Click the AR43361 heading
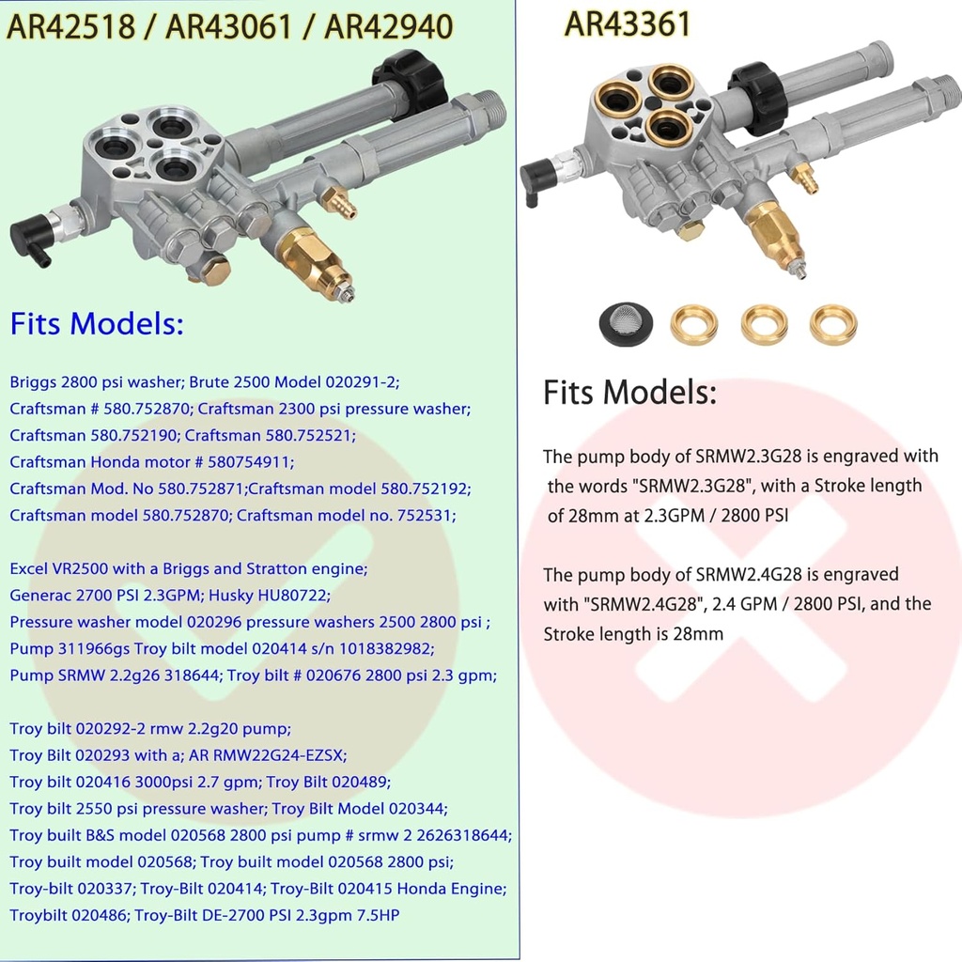627,23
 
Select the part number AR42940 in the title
387,27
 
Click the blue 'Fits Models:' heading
97,325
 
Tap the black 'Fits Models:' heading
629,393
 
